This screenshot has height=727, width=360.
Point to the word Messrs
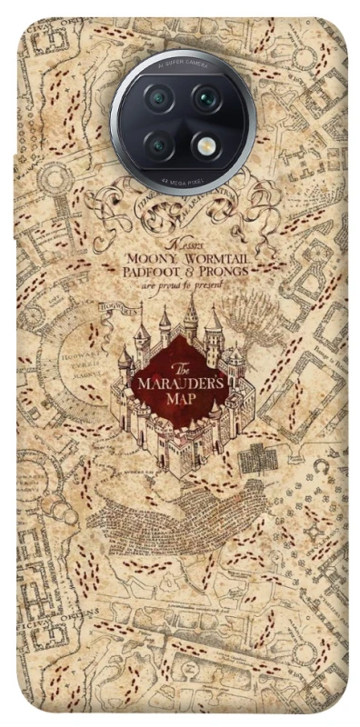[181, 245]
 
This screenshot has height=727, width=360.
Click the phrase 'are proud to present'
[182, 284]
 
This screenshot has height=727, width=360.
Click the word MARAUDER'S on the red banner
[184, 383]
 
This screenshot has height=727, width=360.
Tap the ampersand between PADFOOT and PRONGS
[192, 271]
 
